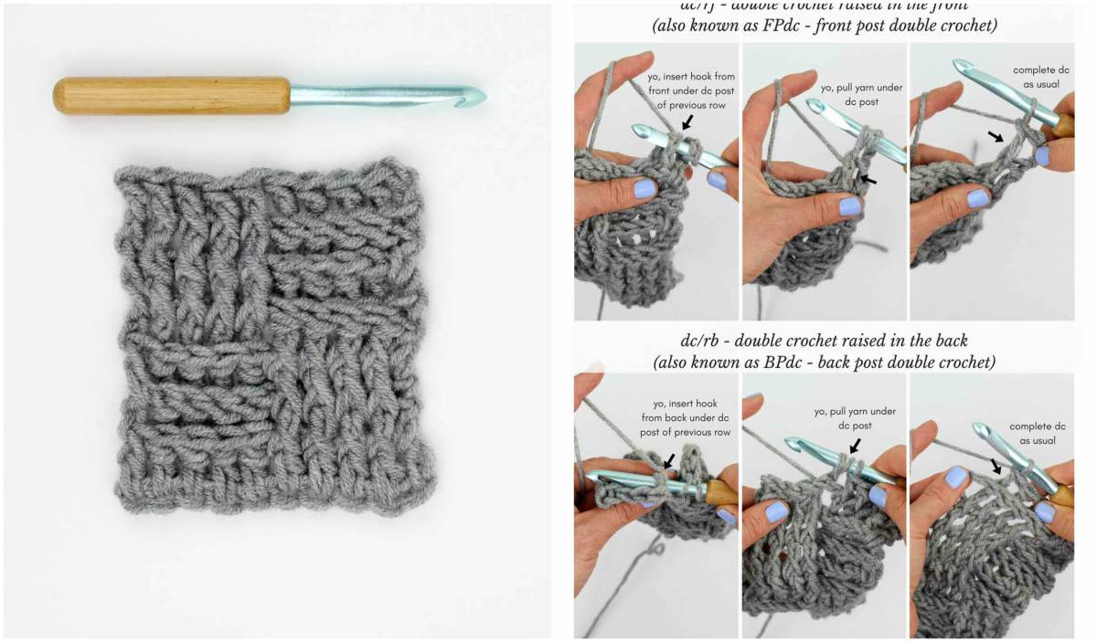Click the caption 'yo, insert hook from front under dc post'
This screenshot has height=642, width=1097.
[691, 90]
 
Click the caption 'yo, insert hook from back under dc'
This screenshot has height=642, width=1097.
[685, 417]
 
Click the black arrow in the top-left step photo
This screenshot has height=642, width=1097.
[687, 122]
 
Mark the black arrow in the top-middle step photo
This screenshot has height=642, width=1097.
[868, 179]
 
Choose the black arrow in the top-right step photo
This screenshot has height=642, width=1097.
[997, 137]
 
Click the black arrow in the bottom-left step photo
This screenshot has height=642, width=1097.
[669, 461]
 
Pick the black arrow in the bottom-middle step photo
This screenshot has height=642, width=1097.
[854, 445]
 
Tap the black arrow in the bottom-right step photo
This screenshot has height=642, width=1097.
[996, 466]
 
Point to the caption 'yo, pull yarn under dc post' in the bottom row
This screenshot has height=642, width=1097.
[856, 418]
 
